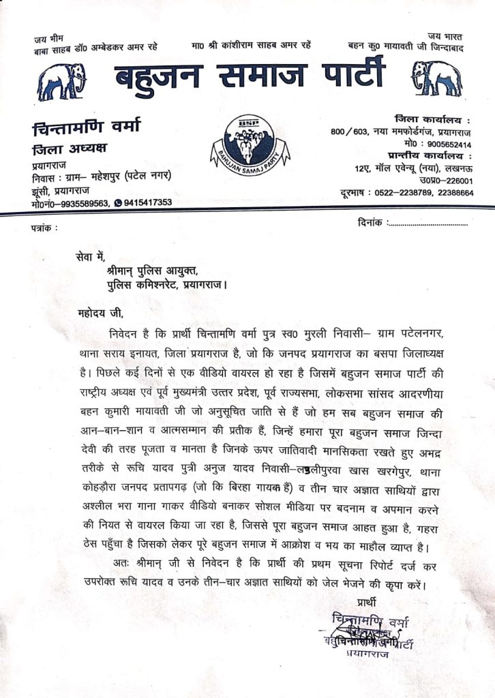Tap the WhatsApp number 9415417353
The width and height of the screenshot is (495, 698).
pyautogui.click(x=147, y=202)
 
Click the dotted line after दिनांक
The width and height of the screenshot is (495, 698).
pyautogui.click(x=428, y=223)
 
